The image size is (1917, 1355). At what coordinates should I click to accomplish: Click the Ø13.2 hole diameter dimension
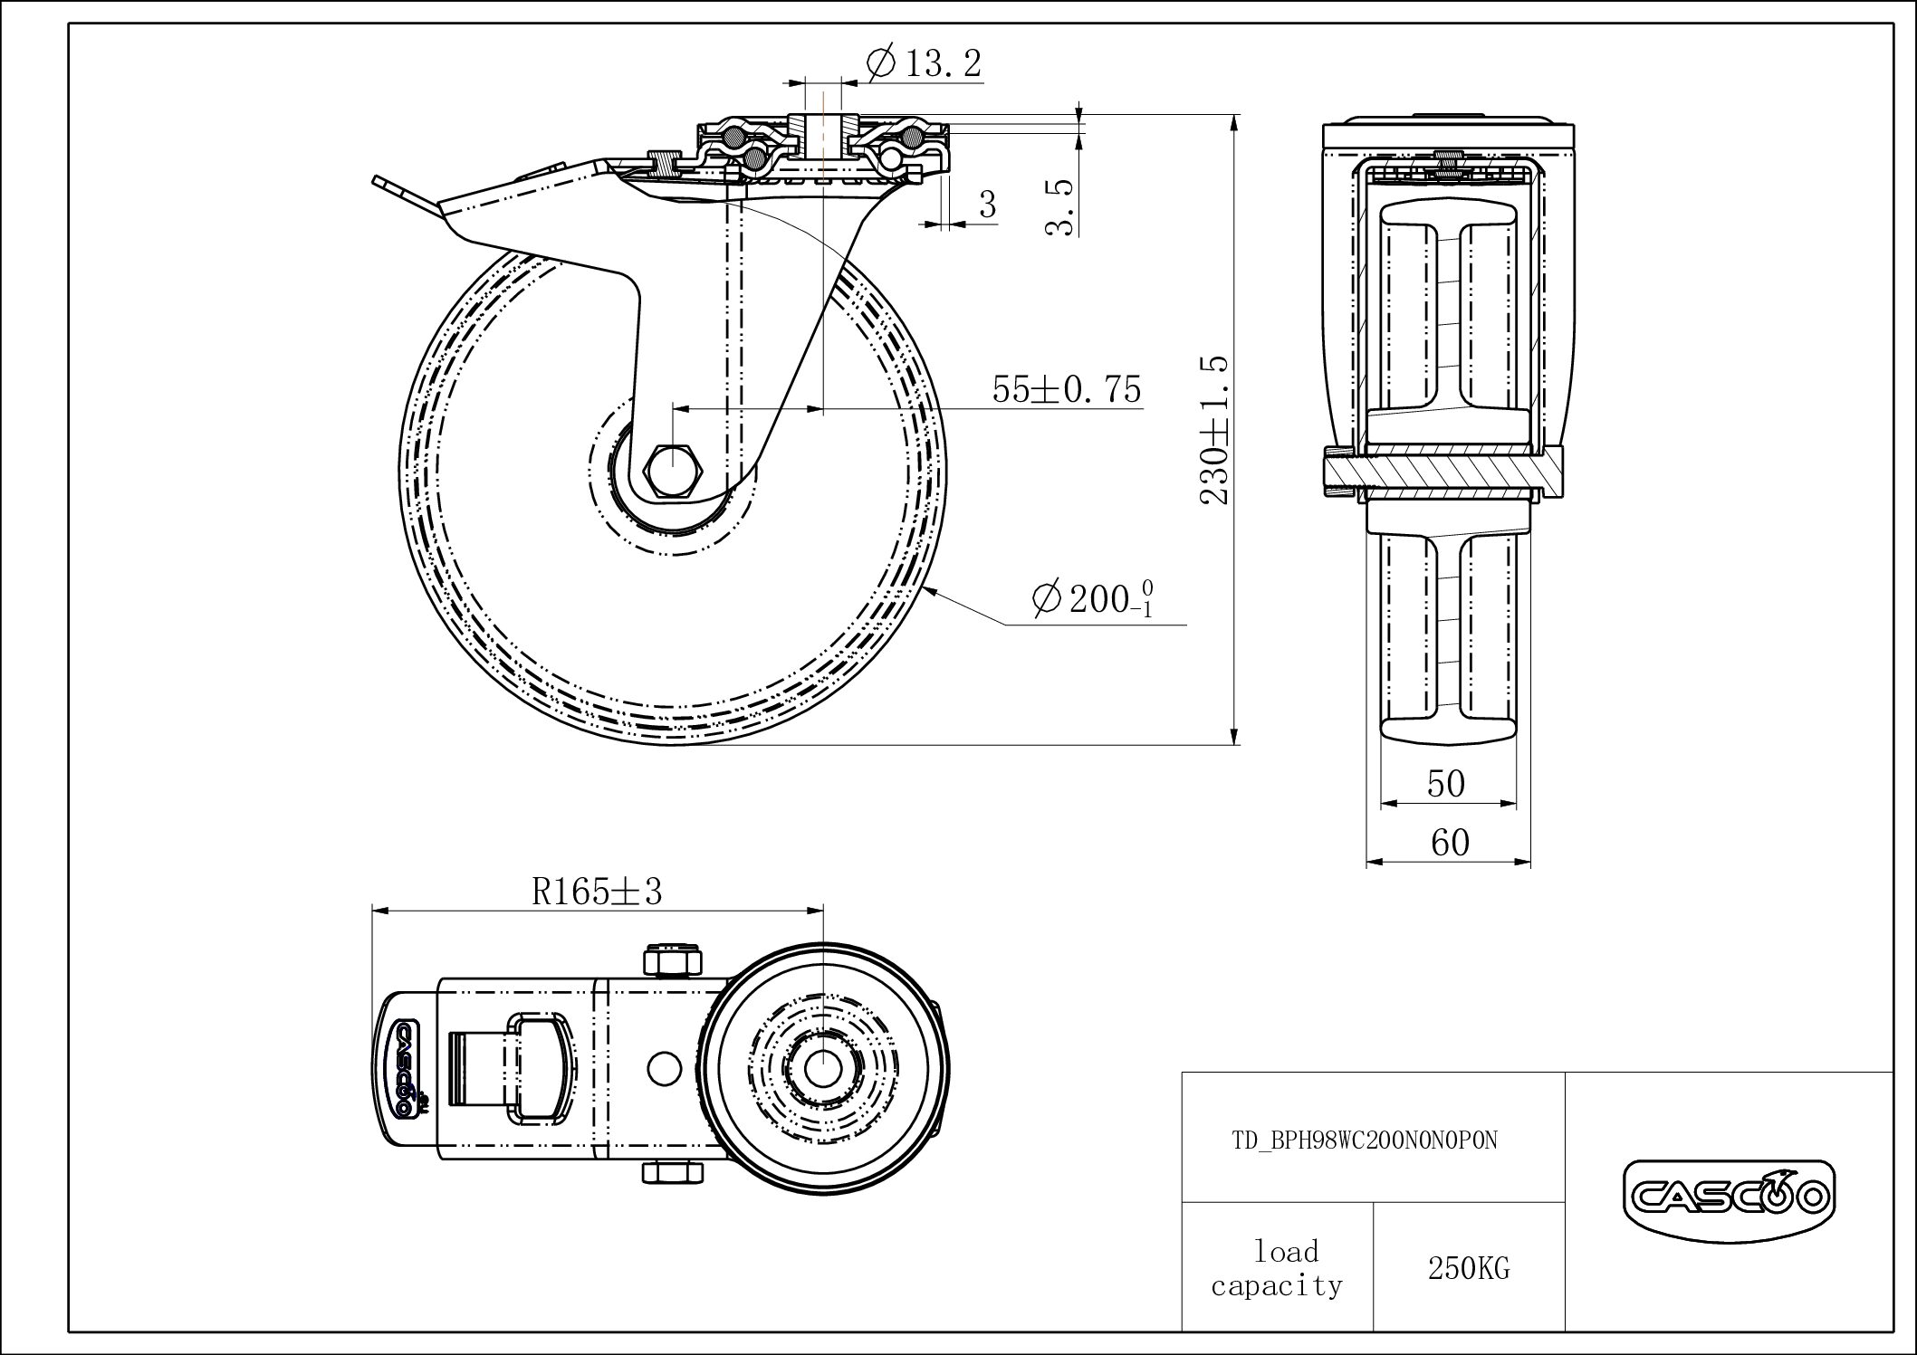pyautogui.click(x=924, y=64)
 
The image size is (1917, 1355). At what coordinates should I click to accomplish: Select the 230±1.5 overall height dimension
pyautogui.click(x=1213, y=429)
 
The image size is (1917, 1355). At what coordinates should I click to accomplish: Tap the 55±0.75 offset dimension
pyautogui.click(x=1066, y=389)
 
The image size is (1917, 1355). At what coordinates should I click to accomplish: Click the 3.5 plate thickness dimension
pyautogui.click(x=1059, y=206)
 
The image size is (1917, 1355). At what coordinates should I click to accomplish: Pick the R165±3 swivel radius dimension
pyautogui.click(x=597, y=892)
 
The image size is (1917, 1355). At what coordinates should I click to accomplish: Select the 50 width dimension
pyautogui.click(x=1445, y=784)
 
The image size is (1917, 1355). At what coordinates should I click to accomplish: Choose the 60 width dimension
pyautogui.click(x=1449, y=843)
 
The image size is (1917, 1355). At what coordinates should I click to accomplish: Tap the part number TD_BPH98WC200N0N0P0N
pyautogui.click(x=1364, y=1140)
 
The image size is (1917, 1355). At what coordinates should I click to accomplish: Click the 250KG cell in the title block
pyautogui.click(x=1468, y=1268)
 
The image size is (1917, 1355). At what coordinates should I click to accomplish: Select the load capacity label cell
pyautogui.click(x=1277, y=1268)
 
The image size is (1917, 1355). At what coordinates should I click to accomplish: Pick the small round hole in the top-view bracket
pyautogui.click(x=666, y=1067)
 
